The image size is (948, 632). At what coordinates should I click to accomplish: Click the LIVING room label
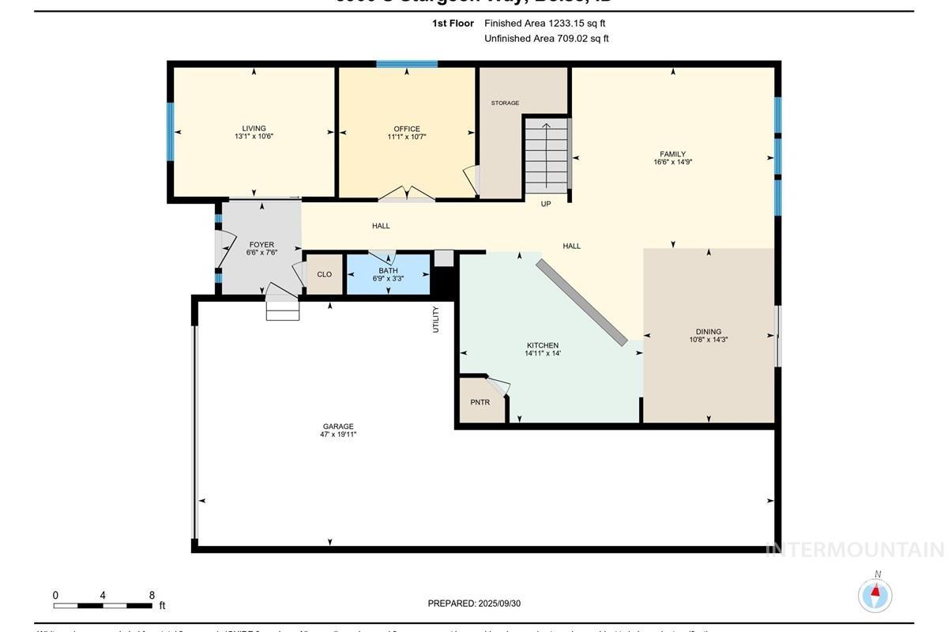254,129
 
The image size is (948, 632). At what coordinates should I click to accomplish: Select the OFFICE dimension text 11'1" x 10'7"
407,137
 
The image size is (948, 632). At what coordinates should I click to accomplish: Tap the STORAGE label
505,103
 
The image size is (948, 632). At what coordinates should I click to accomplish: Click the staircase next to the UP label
547,156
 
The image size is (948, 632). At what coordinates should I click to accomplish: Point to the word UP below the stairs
546,204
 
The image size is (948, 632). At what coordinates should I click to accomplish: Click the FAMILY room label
673,154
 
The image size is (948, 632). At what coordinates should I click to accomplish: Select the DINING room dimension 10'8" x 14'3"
709,340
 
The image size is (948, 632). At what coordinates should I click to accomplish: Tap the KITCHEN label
543,345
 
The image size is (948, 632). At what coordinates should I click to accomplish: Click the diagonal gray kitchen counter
581,302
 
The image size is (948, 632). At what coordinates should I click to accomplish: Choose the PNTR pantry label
480,402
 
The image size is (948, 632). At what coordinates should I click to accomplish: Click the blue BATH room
389,274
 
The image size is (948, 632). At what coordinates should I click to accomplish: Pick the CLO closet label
324,274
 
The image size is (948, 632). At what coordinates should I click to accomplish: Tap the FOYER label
261,245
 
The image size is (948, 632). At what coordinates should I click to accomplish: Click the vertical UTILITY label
435,319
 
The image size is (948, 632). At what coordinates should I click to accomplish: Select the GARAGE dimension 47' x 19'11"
338,434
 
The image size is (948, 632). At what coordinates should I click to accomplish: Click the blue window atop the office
407,64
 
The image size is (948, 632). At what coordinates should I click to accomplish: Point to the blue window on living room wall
170,132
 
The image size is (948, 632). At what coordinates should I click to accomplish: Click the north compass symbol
875,594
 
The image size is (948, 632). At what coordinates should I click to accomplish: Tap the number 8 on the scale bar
152,595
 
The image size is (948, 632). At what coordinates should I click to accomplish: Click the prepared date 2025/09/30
498,604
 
